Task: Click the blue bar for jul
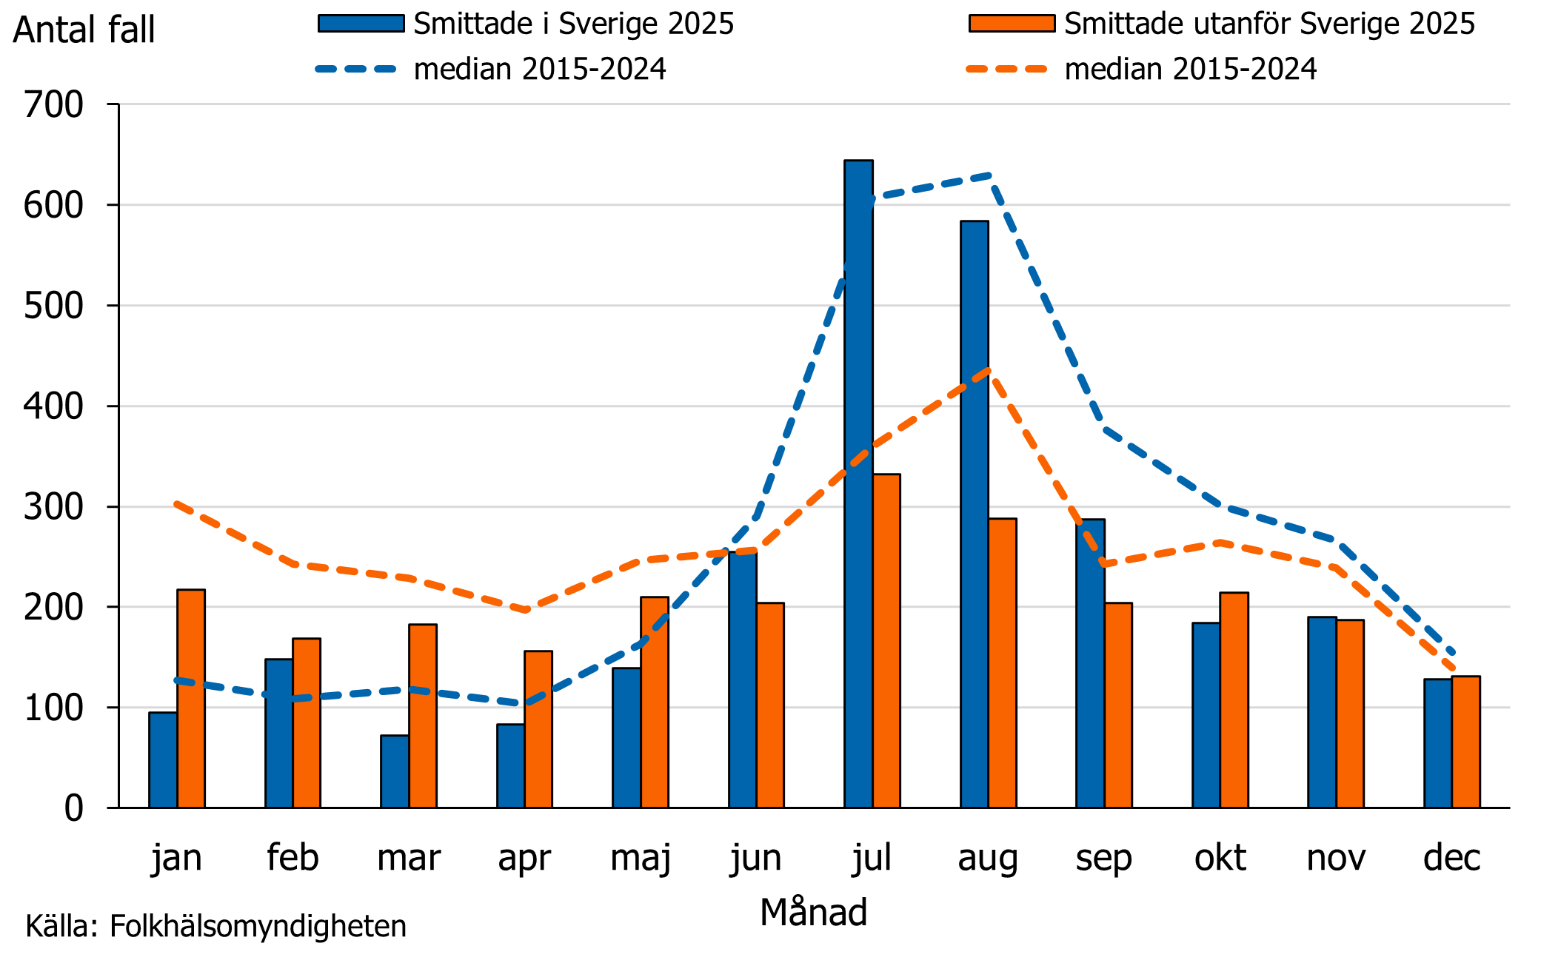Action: [x=858, y=485]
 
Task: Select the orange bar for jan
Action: [x=191, y=699]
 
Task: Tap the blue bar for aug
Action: [x=974, y=514]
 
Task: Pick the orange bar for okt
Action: [x=1234, y=700]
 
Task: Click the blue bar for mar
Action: [x=394, y=771]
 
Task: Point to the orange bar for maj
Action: [x=655, y=702]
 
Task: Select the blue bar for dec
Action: [x=1437, y=743]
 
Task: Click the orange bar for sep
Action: [x=1118, y=705]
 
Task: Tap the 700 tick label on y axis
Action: [x=53, y=104]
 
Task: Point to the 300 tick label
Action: [x=53, y=507]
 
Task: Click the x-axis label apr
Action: [x=524, y=859]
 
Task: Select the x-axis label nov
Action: [x=1336, y=859]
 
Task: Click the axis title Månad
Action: [x=813, y=912]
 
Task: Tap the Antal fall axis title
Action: [x=84, y=30]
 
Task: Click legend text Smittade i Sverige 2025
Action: [x=573, y=24]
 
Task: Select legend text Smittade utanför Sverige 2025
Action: [x=1269, y=24]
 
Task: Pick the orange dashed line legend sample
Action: [x=1007, y=70]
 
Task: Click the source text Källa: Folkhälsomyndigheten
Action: [x=215, y=927]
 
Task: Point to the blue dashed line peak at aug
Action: [x=989, y=175]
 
